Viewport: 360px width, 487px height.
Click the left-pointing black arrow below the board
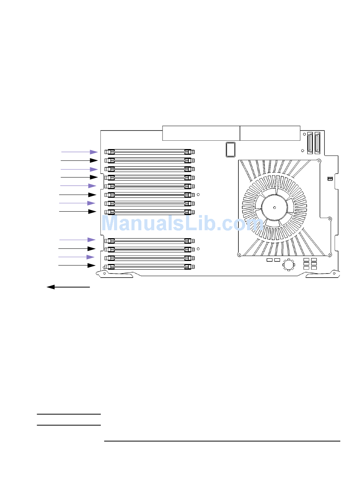point(68,287)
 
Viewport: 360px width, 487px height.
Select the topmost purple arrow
point(80,152)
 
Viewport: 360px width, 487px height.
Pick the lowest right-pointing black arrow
point(77,265)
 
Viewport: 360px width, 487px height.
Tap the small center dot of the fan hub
point(274,207)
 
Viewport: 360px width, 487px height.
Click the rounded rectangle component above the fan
point(230,149)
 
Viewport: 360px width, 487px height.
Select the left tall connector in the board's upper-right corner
point(310,143)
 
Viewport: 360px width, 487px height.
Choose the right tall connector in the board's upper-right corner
point(317,143)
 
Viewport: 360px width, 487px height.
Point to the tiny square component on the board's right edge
point(330,179)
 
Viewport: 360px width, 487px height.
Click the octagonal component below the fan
point(289,265)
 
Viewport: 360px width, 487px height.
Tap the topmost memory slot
point(150,152)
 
